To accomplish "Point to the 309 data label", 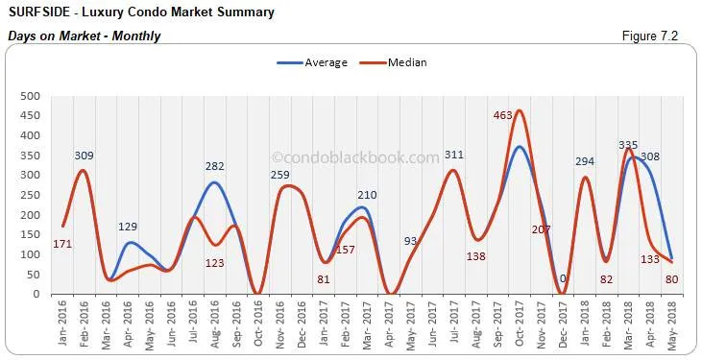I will tap(84, 155).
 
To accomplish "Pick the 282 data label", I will tap(214, 166).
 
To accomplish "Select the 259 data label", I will tap(279, 175).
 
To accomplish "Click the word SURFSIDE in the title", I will tap(39, 13).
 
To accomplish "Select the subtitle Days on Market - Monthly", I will tap(84, 36).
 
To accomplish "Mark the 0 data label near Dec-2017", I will tap(563, 279).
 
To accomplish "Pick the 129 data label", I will tap(128, 227).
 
